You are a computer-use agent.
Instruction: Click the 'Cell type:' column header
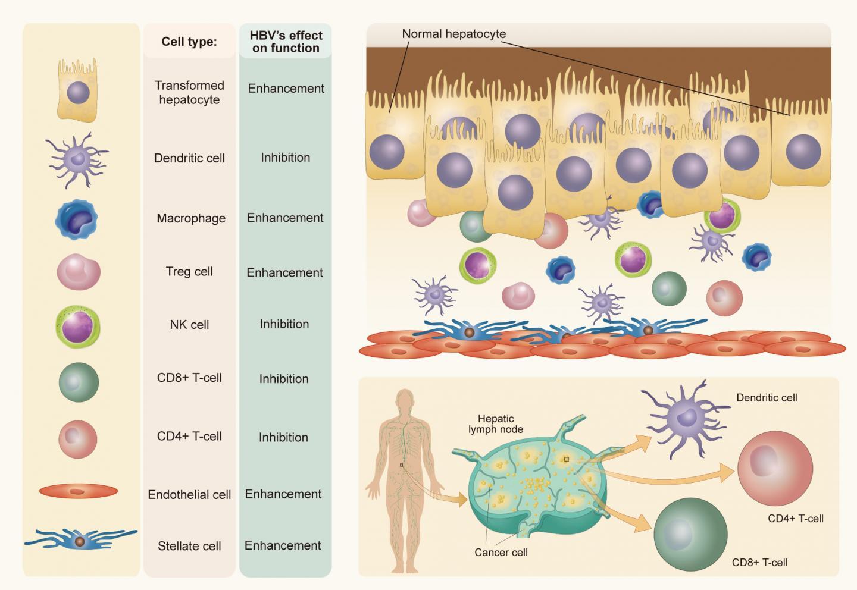(x=189, y=42)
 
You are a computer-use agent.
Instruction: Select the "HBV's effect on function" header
(x=286, y=42)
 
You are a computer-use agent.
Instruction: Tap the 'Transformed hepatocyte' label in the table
(x=189, y=93)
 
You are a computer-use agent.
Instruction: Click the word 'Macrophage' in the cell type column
(x=191, y=218)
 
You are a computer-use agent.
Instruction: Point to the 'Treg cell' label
(x=189, y=272)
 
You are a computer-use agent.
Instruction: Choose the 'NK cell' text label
(x=189, y=325)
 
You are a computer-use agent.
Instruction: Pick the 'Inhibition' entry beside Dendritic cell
(x=285, y=158)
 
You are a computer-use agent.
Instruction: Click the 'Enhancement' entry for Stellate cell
(x=283, y=545)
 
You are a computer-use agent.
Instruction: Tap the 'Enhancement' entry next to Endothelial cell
(x=283, y=494)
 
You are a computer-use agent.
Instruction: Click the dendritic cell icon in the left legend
(x=77, y=159)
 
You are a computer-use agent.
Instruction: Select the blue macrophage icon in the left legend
(x=77, y=219)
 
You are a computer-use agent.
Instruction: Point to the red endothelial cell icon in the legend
(x=79, y=491)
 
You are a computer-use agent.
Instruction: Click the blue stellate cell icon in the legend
(x=80, y=540)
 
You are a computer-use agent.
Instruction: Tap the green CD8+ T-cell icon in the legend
(x=79, y=382)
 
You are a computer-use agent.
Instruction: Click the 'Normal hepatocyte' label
(x=453, y=34)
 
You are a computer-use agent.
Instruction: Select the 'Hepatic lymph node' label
(x=496, y=424)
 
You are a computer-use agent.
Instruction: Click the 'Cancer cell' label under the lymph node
(x=501, y=553)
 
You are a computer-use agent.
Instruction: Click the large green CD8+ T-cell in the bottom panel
(x=690, y=533)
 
